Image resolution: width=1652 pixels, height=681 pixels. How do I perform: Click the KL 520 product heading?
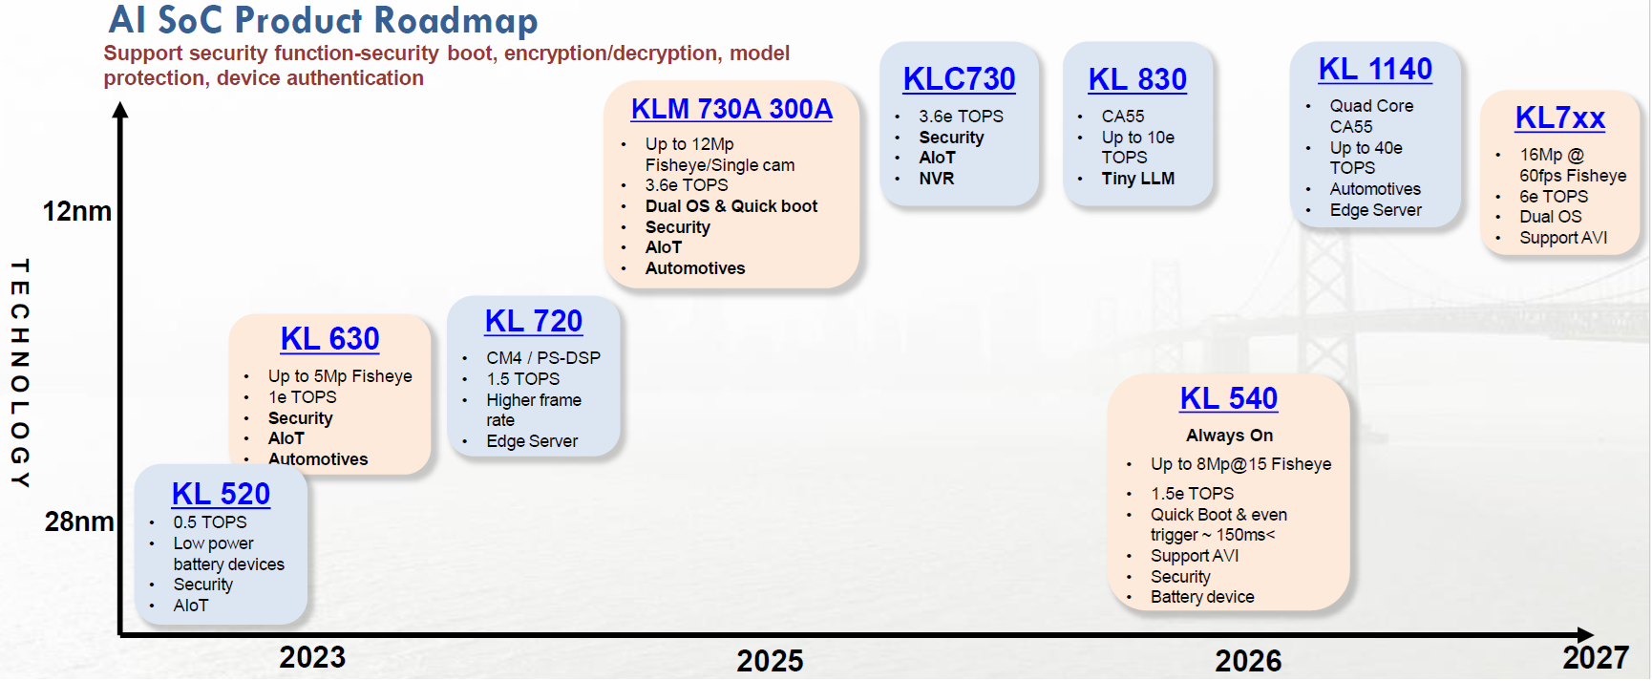221,494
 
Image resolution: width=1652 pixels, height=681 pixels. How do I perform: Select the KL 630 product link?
329,339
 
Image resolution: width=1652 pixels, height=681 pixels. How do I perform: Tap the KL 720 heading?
533,322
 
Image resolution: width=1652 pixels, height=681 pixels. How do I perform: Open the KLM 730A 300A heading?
731,110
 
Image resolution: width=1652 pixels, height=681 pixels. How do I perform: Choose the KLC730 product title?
959,79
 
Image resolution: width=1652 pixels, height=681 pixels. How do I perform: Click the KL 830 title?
1137,79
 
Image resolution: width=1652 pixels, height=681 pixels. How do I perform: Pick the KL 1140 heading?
1375,70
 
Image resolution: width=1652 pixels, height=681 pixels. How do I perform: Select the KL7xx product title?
1559,118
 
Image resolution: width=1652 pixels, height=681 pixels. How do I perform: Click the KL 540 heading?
1228,398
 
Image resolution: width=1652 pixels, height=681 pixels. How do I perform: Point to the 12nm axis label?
76,212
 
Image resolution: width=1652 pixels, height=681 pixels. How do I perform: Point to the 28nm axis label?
79,521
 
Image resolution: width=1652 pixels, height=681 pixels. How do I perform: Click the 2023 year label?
312,657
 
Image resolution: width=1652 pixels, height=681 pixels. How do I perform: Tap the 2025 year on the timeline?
770,660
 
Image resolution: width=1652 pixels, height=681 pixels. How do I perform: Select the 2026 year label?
1248,660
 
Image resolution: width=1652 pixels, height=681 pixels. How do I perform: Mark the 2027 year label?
1596,657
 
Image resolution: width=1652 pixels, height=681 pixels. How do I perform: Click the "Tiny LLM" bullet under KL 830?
1137,179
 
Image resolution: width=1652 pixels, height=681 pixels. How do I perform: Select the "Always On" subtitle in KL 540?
1229,436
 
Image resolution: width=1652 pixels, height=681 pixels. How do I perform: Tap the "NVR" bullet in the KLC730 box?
936,179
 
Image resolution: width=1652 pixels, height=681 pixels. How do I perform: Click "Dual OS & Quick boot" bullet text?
731,206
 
